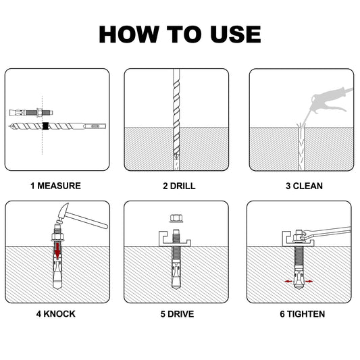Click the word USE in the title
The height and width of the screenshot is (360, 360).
[x=236, y=34]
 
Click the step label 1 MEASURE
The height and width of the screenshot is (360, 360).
[x=56, y=186]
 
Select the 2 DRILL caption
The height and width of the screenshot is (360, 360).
[x=179, y=186]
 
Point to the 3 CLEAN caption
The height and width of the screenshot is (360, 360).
[x=304, y=186]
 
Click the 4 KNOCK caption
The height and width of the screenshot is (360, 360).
[x=56, y=314]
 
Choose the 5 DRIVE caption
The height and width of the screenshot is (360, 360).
[x=177, y=314]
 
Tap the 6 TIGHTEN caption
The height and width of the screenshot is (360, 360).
[x=303, y=314]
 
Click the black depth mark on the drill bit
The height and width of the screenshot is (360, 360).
[x=46, y=126]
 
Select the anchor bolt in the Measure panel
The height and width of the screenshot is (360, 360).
[x=31, y=113]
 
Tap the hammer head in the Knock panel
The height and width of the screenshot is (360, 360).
[x=62, y=213]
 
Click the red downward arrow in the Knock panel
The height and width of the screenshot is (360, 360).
[x=57, y=251]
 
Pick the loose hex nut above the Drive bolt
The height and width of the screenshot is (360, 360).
[x=176, y=218]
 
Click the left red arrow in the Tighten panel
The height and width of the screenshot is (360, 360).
[x=288, y=281]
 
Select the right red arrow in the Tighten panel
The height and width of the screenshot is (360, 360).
[x=309, y=281]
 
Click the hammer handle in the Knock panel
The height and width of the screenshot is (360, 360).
[x=87, y=220]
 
